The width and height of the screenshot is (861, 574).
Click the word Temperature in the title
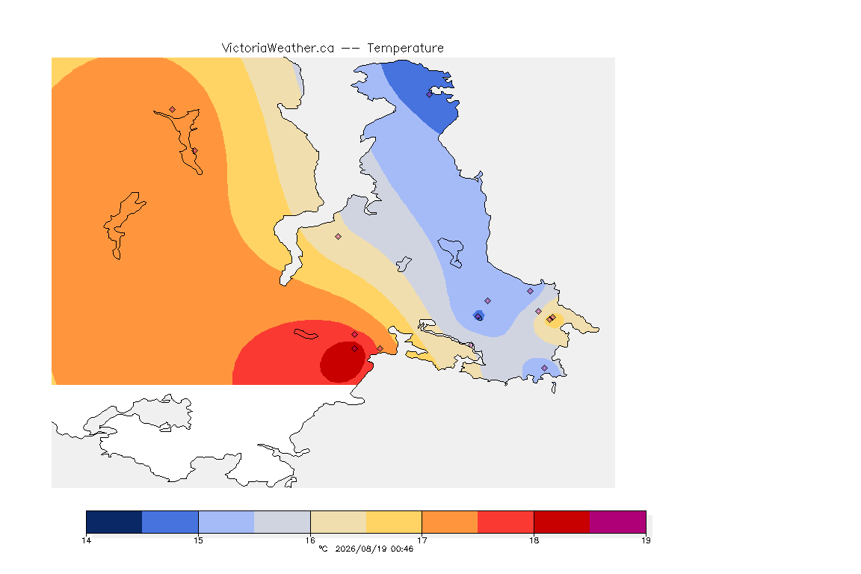[405, 49]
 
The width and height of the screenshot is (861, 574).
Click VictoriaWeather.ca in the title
[278, 49]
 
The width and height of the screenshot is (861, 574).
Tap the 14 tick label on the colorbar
[86, 540]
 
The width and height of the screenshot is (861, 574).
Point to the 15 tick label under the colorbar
[198, 540]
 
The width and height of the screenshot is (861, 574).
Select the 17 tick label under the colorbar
[422, 540]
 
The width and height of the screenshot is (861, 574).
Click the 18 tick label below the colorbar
[534, 540]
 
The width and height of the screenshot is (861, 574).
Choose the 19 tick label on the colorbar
[646, 540]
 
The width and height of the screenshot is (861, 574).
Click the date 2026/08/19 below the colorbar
[361, 549]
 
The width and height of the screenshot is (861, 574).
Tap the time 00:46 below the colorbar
[402, 549]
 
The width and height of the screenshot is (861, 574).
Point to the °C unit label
[323, 549]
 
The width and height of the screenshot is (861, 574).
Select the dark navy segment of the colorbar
[114, 522]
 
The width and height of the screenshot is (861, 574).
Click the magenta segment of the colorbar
[618, 522]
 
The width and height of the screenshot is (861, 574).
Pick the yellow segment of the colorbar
[394, 522]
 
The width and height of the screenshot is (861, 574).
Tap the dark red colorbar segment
[562, 522]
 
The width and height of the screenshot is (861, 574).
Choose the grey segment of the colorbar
[283, 522]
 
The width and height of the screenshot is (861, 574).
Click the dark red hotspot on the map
[342, 362]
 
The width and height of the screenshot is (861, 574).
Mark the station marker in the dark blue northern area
[430, 94]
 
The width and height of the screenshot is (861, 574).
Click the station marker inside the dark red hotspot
[355, 349]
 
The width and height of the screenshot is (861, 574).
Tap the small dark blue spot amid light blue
[478, 315]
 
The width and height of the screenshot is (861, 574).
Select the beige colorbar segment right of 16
[339, 522]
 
